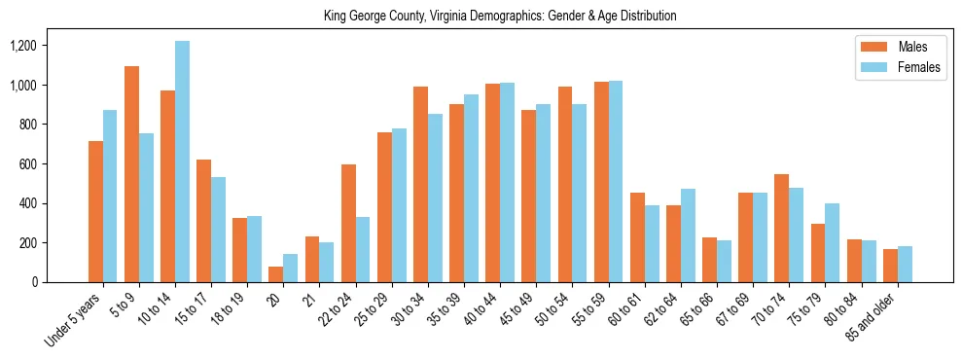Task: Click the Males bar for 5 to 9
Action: (131, 174)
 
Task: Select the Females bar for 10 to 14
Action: (182, 162)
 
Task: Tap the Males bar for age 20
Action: (275, 274)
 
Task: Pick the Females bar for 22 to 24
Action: (363, 249)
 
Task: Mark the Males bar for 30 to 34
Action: (420, 184)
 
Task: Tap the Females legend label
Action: (919, 69)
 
